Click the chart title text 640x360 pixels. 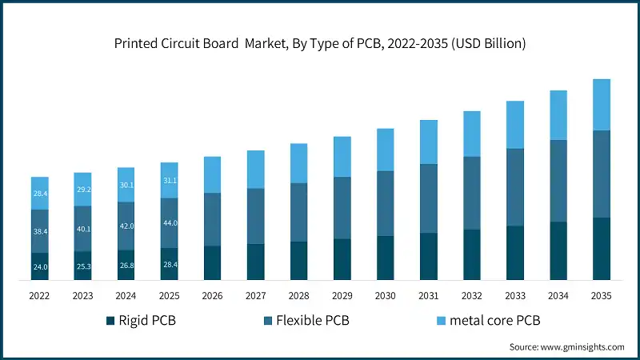coord(320,44)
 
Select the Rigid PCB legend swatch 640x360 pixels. coord(110,322)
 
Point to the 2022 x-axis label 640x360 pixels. coord(40,295)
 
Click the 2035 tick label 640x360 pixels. coord(601,295)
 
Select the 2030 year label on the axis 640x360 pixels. coord(385,295)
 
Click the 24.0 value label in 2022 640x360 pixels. coord(40,266)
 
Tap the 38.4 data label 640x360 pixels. coord(40,231)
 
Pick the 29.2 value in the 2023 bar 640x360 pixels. coord(83,190)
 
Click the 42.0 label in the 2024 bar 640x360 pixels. coord(126,226)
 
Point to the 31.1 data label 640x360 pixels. coord(170,181)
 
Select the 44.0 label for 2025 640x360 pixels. coord(170,222)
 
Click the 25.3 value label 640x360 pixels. coord(83,266)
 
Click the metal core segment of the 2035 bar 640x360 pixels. coord(601,104)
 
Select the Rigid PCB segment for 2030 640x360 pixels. coord(385,258)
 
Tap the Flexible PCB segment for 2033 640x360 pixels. coord(514,187)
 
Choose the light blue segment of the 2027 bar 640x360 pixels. coord(255,169)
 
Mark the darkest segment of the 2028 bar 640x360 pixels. coord(298,261)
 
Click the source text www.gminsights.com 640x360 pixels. coord(566,347)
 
